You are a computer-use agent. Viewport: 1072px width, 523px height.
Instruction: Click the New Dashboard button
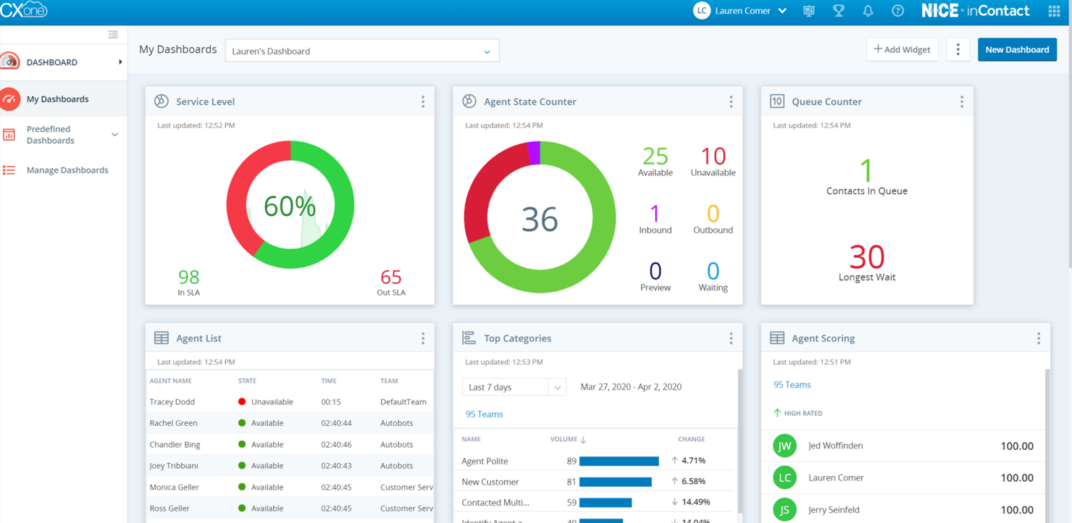(x=1017, y=50)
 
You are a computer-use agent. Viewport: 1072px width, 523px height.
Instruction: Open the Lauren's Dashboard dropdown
(x=362, y=51)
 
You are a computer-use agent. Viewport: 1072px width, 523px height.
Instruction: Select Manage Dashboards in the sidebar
(x=67, y=170)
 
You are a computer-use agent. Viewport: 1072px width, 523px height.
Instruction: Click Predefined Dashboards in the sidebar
(x=51, y=135)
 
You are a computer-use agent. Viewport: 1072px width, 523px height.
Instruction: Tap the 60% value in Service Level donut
(x=290, y=206)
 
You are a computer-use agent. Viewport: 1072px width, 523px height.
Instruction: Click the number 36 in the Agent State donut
(x=540, y=219)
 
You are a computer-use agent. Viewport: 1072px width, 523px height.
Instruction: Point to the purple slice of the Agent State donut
(x=534, y=153)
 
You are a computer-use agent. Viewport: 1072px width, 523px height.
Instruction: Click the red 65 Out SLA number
(x=391, y=277)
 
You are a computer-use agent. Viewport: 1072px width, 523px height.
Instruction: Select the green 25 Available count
(x=655, y=156)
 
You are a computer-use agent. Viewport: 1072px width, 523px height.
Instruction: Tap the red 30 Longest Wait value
(x=867, y=257)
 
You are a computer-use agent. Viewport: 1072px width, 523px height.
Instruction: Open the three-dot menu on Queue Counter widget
(x=961, y=102)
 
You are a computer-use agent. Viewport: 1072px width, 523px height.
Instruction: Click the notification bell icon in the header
(x=868, y=11)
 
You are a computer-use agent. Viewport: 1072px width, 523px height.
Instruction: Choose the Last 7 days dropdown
(x=514, y=388)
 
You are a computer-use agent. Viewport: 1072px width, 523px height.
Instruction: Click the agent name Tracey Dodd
(x=172, y=402)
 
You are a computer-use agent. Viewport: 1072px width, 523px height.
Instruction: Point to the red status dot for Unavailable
(x=242, y=402)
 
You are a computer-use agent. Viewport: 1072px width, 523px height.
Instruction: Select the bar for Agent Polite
(x=619, y=461)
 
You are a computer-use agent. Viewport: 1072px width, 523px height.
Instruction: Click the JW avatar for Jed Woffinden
(x=784, y=446)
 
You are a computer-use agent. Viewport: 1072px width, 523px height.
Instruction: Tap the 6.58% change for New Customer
(x=693, y=482)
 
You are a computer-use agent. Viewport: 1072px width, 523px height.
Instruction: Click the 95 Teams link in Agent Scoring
(x=792, y=385)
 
